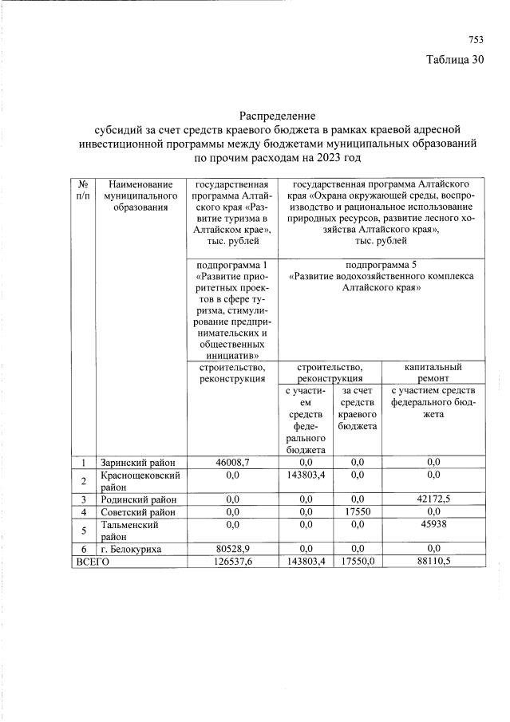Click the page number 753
[476, 40]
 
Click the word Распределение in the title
[278, 116]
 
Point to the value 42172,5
[433, 499]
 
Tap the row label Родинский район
[133, 499]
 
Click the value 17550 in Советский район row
[358, 511]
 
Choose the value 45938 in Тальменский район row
[433, 524]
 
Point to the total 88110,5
[433, 562]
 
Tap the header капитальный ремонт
[433, 373]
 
